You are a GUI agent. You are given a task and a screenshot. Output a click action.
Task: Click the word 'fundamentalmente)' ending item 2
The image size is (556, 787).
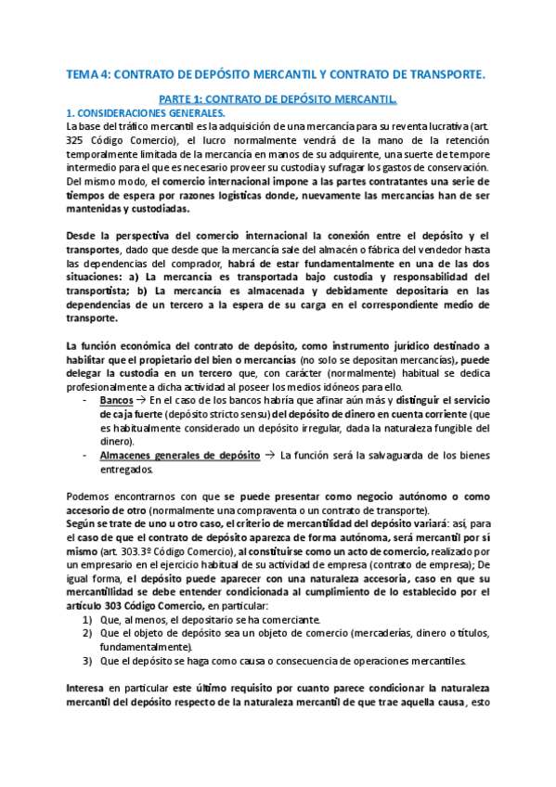click(147, 647)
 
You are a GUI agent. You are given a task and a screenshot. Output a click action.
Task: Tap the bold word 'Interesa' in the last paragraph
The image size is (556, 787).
click(92, 688)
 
